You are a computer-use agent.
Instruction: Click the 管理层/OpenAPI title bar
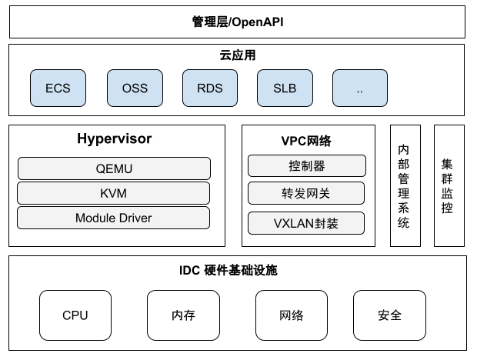[238, 22]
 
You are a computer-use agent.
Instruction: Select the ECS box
[58, 88]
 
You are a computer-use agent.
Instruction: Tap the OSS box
[135, 88]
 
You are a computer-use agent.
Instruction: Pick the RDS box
[209, 88]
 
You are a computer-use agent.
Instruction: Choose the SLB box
[285, 88]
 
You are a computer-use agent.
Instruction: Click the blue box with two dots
[360, 88]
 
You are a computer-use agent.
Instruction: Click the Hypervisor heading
[115, 139]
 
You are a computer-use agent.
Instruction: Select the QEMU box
[114, 168]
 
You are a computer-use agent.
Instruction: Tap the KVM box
[114, 192]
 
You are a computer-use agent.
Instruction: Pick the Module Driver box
[114, 218]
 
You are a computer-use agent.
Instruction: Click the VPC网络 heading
[305, 141]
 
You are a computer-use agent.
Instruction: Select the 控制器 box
[305, 165]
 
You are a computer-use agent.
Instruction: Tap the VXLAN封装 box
[305, 223]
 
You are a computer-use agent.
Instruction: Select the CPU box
[75, 315]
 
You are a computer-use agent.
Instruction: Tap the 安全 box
[389, 315]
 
